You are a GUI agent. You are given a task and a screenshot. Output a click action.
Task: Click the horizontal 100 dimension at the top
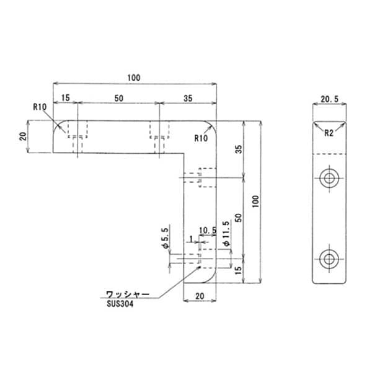134,78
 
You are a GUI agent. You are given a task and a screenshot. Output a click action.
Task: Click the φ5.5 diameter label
166,239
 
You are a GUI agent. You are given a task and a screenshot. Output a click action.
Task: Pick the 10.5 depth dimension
207,230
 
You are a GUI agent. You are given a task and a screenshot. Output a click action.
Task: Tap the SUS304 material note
120,303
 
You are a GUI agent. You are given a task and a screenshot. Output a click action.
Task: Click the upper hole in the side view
329,179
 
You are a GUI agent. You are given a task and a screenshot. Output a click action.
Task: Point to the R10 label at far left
40,106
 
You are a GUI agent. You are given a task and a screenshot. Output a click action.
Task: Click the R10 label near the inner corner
201,138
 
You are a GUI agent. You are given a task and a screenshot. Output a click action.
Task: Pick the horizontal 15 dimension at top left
66,98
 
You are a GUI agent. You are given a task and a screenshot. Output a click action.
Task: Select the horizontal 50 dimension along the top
118,98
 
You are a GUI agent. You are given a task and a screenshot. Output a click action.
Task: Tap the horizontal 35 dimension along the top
188,98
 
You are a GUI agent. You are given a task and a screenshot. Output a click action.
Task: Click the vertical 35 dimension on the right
238,149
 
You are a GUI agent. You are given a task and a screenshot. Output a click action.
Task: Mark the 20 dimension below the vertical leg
200,296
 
